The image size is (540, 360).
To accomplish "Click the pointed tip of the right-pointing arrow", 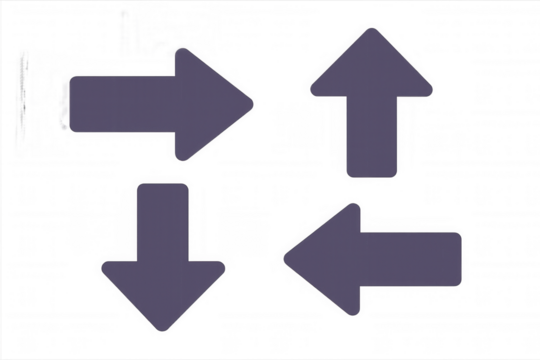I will tap(253, 101).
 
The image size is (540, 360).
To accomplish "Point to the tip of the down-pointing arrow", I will tap(163, 331).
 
